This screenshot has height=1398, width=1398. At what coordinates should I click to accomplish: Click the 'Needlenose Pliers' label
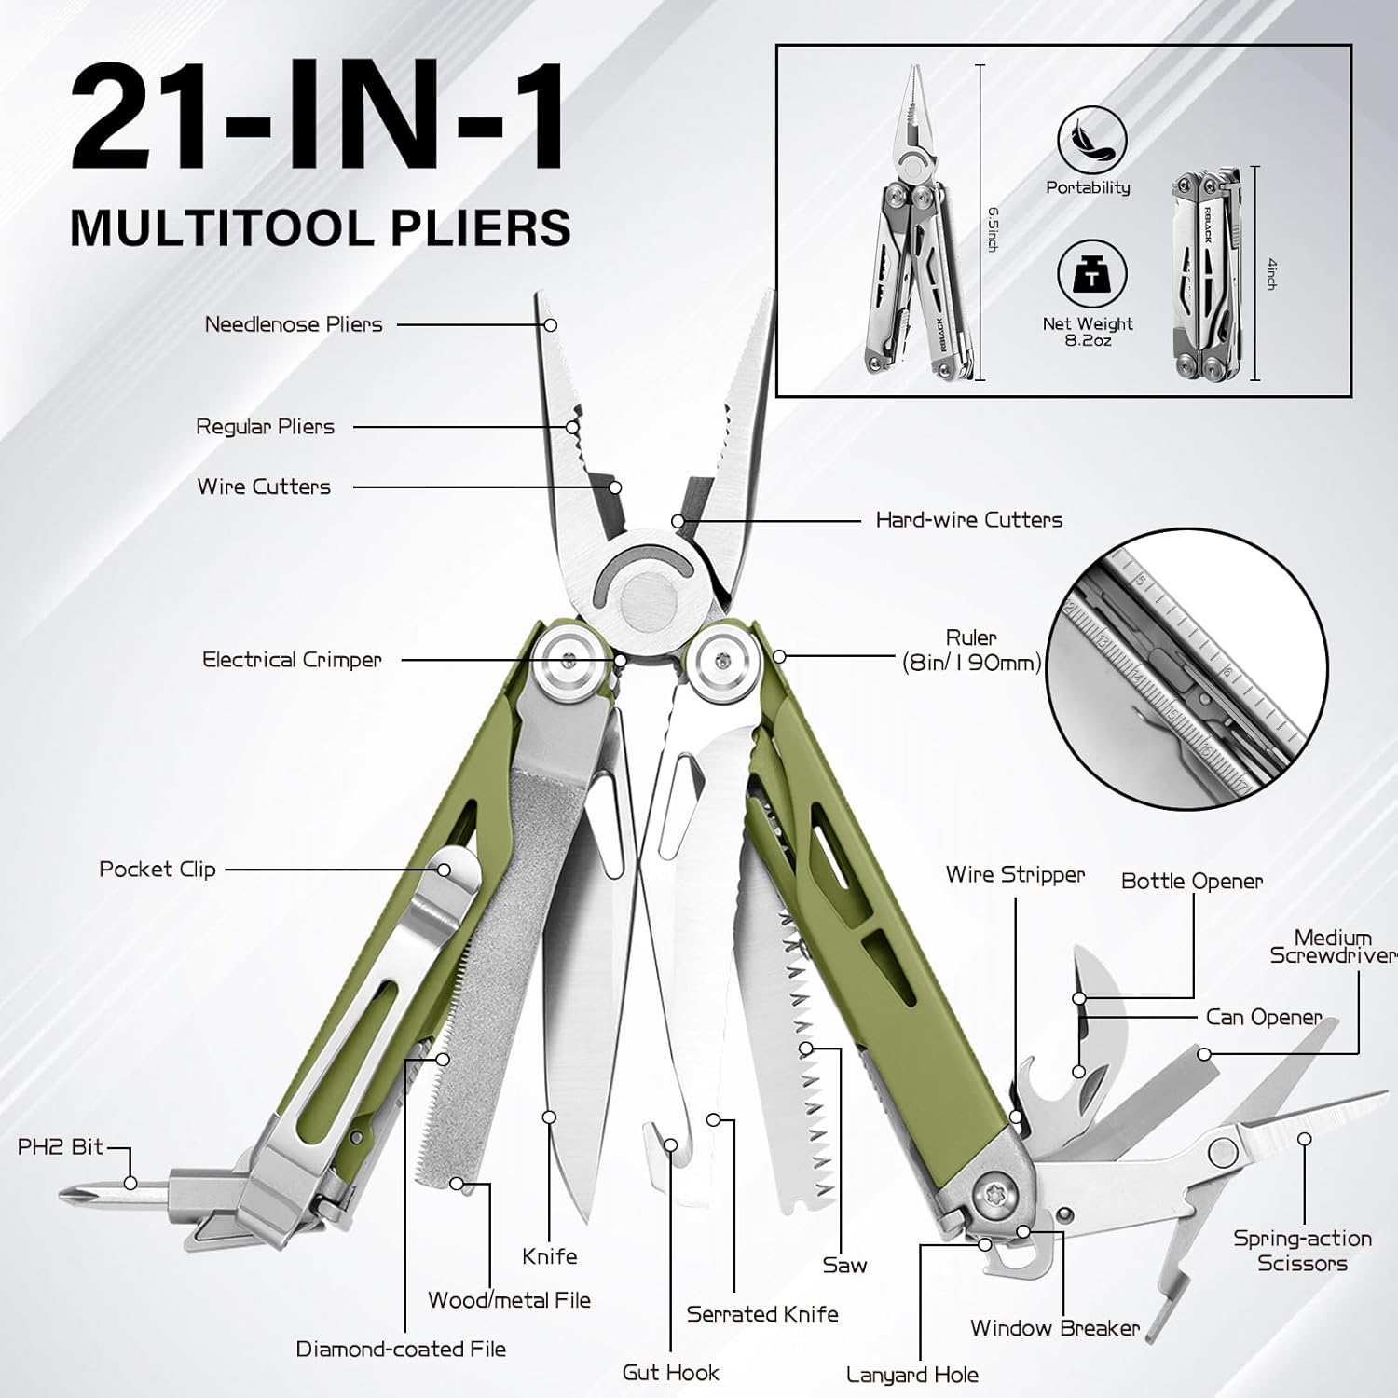pyautogui.click(x=294, y=324)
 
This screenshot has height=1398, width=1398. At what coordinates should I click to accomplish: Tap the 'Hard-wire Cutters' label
pyautogui.click(x=968, y=520)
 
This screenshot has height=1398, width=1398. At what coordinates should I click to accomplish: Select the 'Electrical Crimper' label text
pyautogui.click(x=292, y=660)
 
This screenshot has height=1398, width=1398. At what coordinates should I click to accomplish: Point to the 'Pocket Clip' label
pyautogui.click(x=158, y=870)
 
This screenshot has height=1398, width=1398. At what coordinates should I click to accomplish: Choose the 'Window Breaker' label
pyautogui.click(x=1054, y=1328)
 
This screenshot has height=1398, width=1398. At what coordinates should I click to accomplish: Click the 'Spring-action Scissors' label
pyautogui.click(x=1302, y=1251)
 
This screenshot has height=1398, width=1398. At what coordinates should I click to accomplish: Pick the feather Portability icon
pyautogui.click(x=1091, y=141)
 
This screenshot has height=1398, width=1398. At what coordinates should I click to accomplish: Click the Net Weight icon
pyautogui.click(x=1091, y=277)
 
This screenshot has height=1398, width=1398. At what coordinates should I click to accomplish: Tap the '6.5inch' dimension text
pyautogui.click(x=993, y=228)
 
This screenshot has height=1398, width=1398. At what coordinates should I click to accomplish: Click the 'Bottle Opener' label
pyautogui.click(x=1191, y=881)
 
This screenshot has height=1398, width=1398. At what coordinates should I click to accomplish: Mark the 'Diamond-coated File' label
pyautogui.click(x=401, y=1349)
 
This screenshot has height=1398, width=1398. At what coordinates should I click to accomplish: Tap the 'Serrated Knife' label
pyautogui.click(x=762, y=1314)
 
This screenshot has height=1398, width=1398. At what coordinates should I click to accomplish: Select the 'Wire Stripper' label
pyautogui.click(x=1015, y=874)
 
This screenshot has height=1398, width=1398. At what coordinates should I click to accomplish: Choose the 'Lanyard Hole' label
pyautogui.click(x=911, y=1375)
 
